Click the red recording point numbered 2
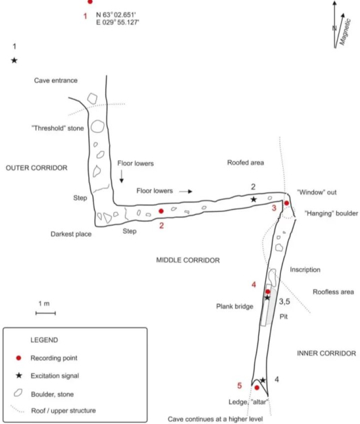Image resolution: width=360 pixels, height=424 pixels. click(161, 211)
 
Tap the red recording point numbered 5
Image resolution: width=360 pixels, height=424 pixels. click(257, 388)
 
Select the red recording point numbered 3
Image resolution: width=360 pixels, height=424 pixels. click(286, 203)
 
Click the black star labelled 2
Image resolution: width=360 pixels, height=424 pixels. click(253, 200)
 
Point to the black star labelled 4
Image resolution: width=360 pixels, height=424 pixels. click(263, 380)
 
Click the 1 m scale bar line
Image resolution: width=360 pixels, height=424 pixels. click(45, 313)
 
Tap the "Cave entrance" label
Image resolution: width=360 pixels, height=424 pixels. click(55, 80)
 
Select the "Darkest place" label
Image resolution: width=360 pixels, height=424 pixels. click(71, 234)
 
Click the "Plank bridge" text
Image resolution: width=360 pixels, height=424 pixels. click(235, 307)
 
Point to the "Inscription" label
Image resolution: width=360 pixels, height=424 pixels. click(305, 269)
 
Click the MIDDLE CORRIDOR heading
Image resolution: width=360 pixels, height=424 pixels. click(188, 260)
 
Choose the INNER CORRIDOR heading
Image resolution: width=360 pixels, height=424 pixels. click(326, 353)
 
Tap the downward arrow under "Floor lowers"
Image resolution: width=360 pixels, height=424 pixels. click(122, 176)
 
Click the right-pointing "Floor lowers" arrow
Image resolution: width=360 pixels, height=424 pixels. click(186, 192)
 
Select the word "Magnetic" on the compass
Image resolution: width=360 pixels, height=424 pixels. click(345, 32)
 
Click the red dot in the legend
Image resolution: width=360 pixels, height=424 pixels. click(18, 358)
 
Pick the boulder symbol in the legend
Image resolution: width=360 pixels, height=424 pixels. click(18, 393)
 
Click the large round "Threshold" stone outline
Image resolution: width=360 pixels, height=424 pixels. click(97, 126)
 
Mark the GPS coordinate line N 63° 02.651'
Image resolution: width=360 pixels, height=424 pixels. click(115, 15)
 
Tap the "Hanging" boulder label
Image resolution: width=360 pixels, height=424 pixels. click(332, 213)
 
